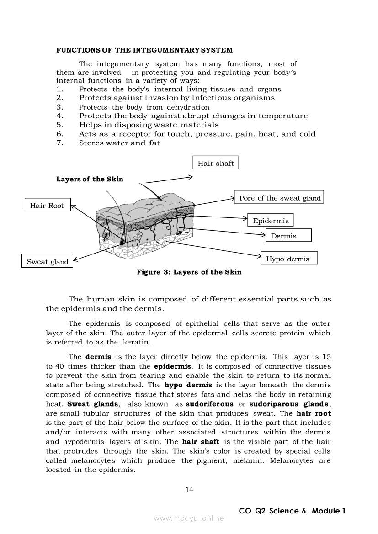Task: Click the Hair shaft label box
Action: click(x=216, y=163)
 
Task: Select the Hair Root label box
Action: click(x=47, y=206)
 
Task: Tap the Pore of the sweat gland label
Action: click(x=279, y=198)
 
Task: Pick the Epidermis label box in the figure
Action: click(x=271, y=221)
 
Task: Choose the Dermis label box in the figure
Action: click(x=288, y=236)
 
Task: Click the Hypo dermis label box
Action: click(x=288, y=259)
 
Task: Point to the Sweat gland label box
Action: click(x=47, y=262)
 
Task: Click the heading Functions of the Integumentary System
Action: click(x=144, y=50)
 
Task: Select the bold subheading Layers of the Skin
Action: click(x=90, y=179)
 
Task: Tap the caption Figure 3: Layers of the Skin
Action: click(x=189, y=272)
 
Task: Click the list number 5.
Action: click(x=60, y=125)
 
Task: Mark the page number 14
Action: click(x=189, y=490)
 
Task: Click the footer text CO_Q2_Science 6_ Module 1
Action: click(x=292, y=511)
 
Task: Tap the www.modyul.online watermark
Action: click(x=189, y=518)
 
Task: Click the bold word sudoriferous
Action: click(x=209, y=404)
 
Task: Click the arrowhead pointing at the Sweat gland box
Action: click(x=75, y=260)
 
